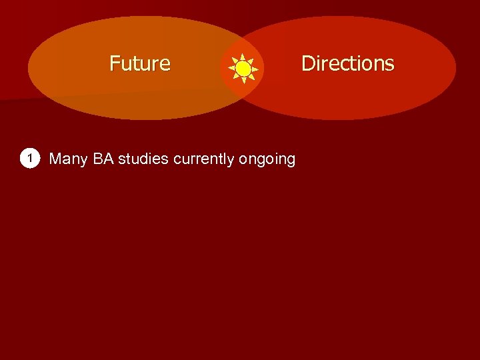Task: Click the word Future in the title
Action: pyautogui.click(x=140, y=63)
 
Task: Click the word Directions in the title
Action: pyautogui.click(x=347, y=63)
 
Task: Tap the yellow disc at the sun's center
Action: pyautogui.click(x=243, y=68)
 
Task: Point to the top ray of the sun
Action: pyautogui.click(x=243, y=55)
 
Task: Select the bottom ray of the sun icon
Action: pyautogui.click(x=243, y=81)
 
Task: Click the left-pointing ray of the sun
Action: pyautogui.click(x=231, y=68)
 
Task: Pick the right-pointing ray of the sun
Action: pyautogui.click(x=256, y=68)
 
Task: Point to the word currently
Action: pyautogui.click(x=203, y=159)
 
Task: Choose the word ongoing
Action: pyautogui.click(x=267, y=159)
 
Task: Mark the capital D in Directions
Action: pyautogui.click(x=308, y=63)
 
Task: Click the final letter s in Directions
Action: pyautogui.click(x=390, y=65)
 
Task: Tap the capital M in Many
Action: pyautogui.click(x=55, y=159)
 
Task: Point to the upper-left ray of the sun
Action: pyautogui.click(x=235, y=59)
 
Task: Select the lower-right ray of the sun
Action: pyautogui.click(x=252, y=77)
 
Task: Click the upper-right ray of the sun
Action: pyautogui.click(x=252, y=59)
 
